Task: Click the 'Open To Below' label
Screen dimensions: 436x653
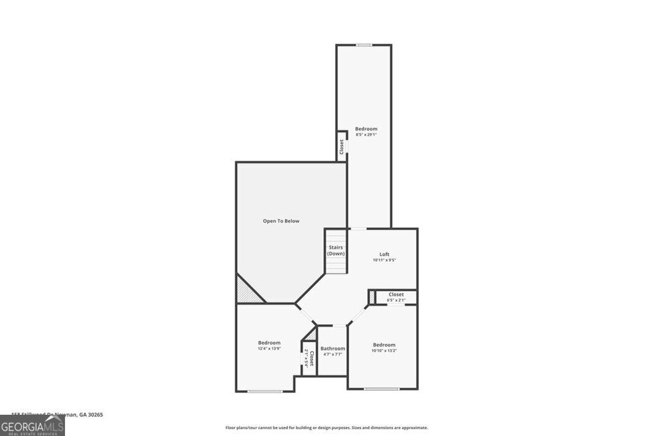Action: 281,221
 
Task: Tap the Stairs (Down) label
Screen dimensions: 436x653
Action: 336,250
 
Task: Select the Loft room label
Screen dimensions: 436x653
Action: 384,254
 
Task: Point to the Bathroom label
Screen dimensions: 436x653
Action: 333,349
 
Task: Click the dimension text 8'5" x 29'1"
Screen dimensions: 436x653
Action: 366,135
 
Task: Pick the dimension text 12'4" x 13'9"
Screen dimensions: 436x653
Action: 269,349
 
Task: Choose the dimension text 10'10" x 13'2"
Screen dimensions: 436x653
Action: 384,350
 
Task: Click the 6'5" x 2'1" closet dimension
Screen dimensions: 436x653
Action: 396,300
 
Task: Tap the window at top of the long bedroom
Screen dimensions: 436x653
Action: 363,45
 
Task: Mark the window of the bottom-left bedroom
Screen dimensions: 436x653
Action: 265,391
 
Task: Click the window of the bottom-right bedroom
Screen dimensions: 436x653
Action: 381,389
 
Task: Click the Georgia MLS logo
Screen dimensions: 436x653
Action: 32,425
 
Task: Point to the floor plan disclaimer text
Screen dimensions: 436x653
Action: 326,428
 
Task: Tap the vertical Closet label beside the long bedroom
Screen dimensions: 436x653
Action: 342,146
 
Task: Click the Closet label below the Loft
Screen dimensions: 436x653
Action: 396,294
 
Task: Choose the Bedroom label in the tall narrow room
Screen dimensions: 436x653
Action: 366,129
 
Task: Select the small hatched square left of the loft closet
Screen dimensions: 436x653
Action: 372,297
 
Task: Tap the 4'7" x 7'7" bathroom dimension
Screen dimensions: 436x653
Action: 333,354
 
